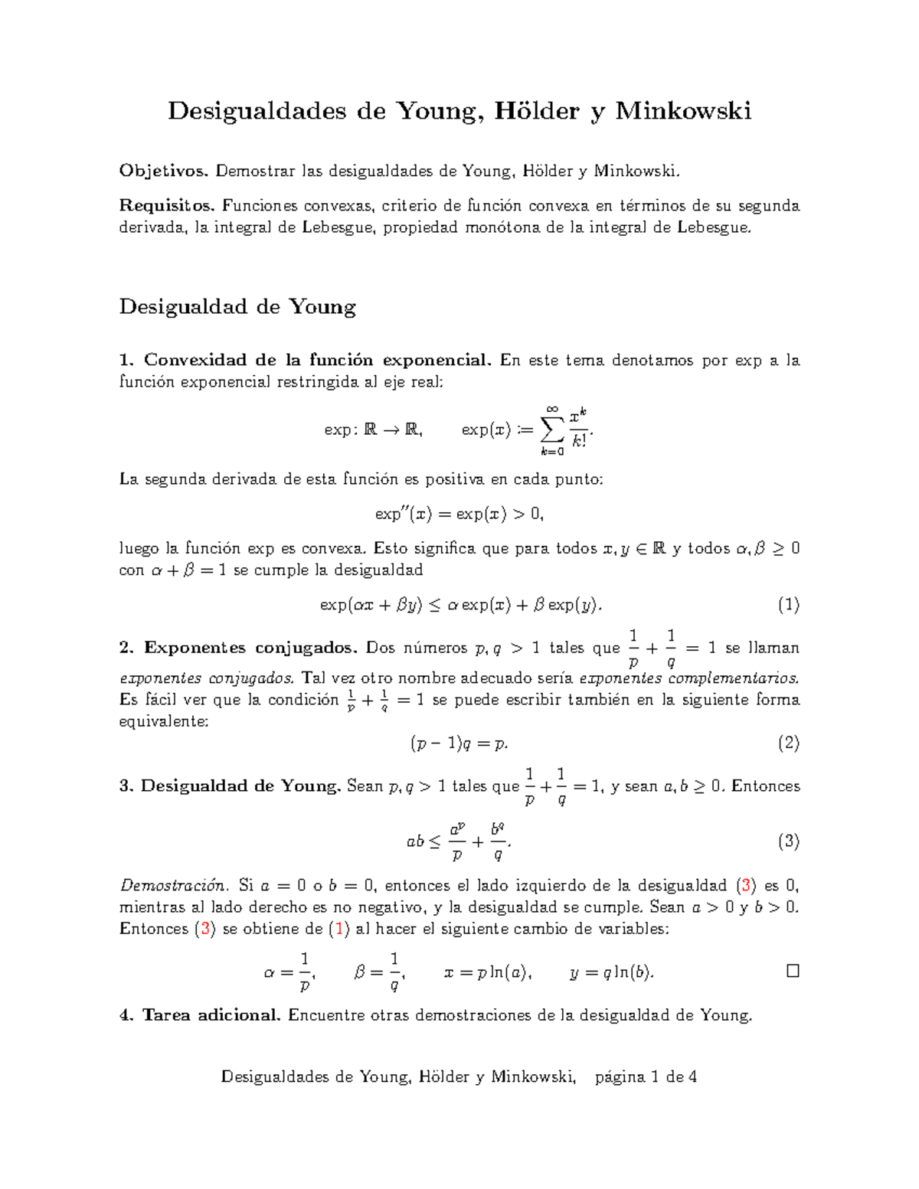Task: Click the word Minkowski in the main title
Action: (683, 111)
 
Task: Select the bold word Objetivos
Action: (163, 171)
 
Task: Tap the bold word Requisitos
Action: (168, 206)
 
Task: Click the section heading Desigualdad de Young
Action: (237, 307)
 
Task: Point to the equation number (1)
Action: (788, 605)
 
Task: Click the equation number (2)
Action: (788, 743)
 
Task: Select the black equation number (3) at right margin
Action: (788, 841)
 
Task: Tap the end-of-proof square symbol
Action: (793, 971)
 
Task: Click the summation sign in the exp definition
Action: (551, 430)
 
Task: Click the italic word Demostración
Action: (173, 886)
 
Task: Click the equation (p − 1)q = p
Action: (459, 743)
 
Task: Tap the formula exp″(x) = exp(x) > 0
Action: (459, 514)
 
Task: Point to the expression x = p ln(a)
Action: (488, 972)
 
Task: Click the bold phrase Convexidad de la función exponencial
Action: (317, 361)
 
